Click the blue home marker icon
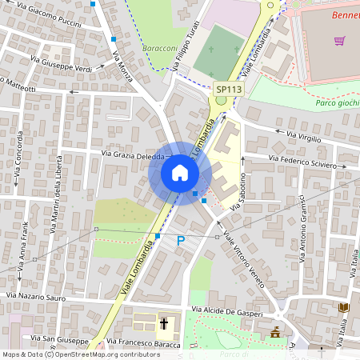click(x=180, y=173)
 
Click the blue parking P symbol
click(x=181, y=240)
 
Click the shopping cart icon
click(x=340, y=41)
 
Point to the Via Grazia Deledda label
click(x=133, y=154)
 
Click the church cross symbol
click(x=164, y=324)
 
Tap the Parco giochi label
click(x=337, y=104)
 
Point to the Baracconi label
click(x=160, y=48)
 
